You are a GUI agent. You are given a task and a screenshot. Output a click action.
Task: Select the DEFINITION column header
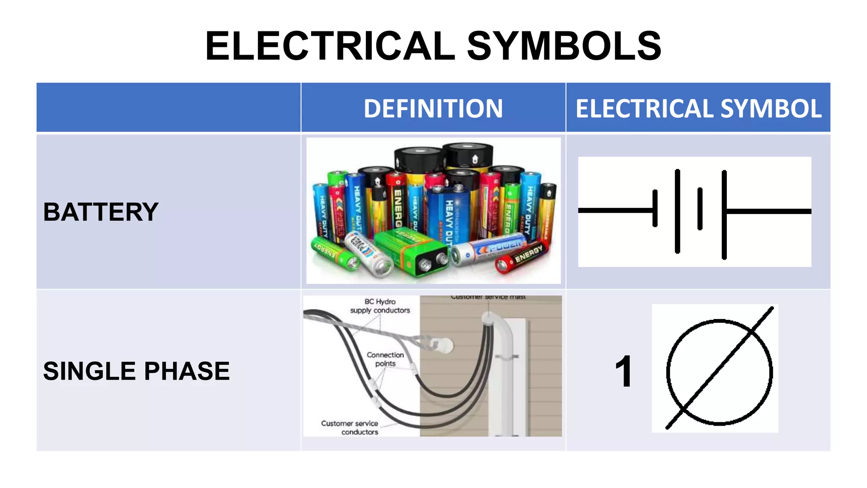[x=433, y=108]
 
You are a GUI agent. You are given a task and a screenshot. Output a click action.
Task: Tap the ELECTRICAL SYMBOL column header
[x=698, y=108]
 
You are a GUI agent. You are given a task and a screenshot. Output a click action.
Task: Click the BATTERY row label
[x=101, y=212]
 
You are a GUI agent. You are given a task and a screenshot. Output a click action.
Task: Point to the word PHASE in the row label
[x=187, y=371]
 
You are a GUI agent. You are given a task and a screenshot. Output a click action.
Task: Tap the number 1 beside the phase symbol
[x=624, y=372]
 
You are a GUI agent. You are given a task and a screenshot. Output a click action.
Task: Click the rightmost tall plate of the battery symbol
[x=724, y=214]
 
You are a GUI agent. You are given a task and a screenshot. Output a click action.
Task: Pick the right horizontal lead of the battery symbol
[x=768, y=211]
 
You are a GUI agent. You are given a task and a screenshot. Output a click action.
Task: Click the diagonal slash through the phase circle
[x=720, y=368]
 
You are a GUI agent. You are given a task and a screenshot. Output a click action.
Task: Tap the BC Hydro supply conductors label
[x=380, y=306]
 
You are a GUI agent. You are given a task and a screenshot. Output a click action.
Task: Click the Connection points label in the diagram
[x=385, y=359]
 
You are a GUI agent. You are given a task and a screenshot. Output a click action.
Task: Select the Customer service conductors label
[x=350, y=427]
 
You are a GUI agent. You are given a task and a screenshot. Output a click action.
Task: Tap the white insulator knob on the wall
[x=442, y=345]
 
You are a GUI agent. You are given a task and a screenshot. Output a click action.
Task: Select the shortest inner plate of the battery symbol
[x=700, y=209]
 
